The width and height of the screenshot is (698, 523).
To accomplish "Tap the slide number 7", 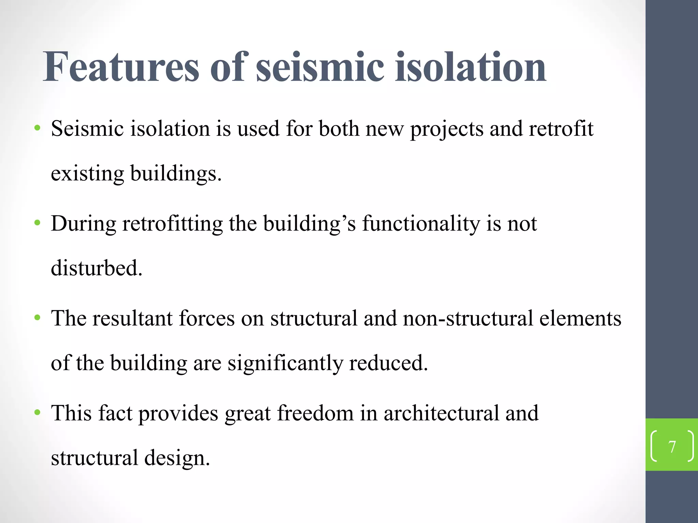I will tap(672, 446).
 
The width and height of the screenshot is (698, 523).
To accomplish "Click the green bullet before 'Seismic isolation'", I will tap(37, 129).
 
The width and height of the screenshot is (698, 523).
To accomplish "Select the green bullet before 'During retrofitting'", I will tap(37, 223).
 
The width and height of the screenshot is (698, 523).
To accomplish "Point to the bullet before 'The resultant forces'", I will tap(37, 318).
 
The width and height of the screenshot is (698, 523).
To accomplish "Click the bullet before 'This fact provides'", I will tap(37, 413).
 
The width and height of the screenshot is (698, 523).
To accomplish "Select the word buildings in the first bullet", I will tap(176, 173).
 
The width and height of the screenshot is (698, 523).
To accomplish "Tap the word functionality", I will tap(421, 224).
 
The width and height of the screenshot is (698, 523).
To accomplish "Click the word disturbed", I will tap(96, 268).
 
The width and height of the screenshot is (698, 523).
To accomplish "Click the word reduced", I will tap(388, 363).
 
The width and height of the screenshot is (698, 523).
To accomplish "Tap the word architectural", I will tap(441, 413).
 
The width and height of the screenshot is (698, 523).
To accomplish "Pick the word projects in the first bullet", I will tap(446, 129).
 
